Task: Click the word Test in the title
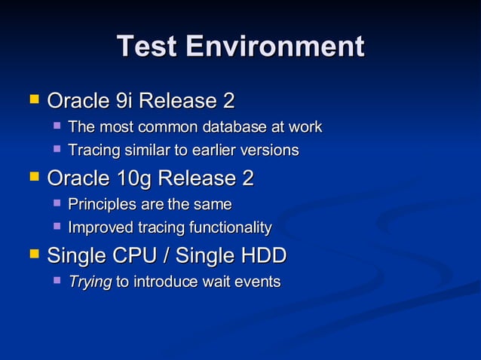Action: pos(147,47)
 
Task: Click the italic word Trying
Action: pos(90,282)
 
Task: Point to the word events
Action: pos(257,282)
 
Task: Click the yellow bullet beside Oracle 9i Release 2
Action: pos(33,99)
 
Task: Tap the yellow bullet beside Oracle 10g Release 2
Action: pos(33,177)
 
